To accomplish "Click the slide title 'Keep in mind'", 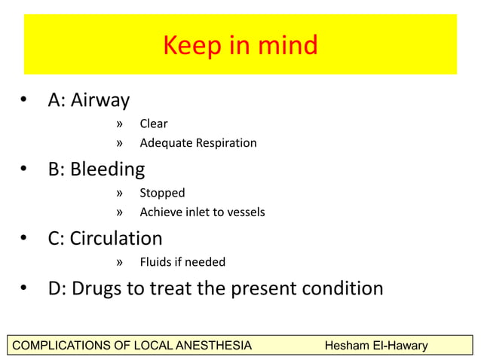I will click(240, 46).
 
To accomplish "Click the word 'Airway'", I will click(100, 100).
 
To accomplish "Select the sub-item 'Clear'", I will click(154, 124).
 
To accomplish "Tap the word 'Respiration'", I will click(224, 143).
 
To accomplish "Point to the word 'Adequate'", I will click(164, 143).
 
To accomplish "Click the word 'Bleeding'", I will click(107, 169).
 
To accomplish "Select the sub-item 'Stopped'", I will click(162, 193).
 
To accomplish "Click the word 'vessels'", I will click(245, 212).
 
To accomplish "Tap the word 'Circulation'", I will click(116, 239).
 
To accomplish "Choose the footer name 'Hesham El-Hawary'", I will click(375, 346).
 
